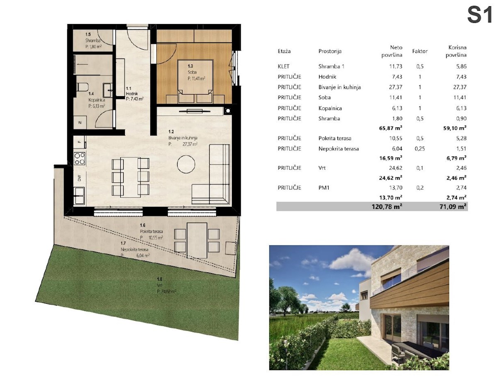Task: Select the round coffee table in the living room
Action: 186,164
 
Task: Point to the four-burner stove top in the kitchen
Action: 79,158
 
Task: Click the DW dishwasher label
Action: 79,178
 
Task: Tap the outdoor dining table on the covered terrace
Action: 197,240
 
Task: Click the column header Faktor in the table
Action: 420,51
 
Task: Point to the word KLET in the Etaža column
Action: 283,66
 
